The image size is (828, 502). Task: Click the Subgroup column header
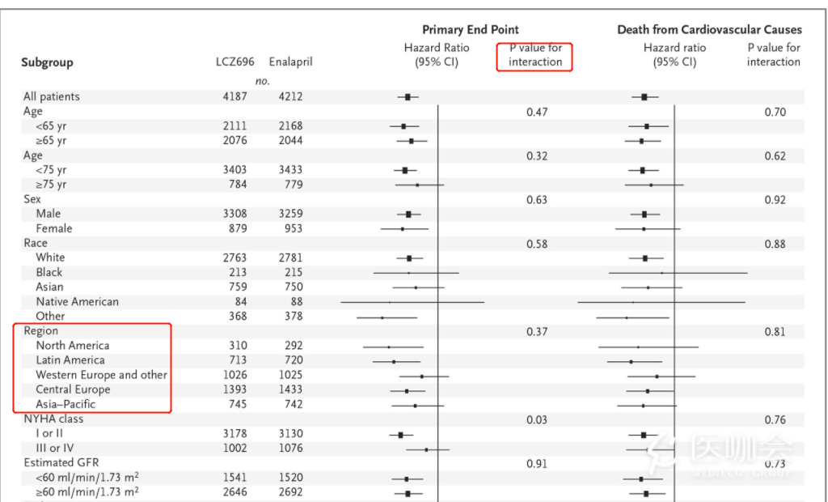[47, 62]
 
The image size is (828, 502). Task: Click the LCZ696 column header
[234, 62]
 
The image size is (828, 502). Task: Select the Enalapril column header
[289, 62]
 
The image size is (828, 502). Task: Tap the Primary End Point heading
[471, 30]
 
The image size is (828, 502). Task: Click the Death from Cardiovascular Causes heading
[709, 30]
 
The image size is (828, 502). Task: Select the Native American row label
[77, 301]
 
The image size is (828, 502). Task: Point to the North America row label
[72, 346]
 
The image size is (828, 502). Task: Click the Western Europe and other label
[101, 375]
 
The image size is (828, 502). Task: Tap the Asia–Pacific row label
[65, 404]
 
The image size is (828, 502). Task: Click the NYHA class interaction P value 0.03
[537, 419]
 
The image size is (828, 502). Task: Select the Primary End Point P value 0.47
[537, 112]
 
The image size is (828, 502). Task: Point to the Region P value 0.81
[775, 331]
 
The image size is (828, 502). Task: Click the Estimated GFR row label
[61, 463]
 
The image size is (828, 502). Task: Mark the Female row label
[53, 228]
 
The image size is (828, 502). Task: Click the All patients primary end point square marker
[408, 96]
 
